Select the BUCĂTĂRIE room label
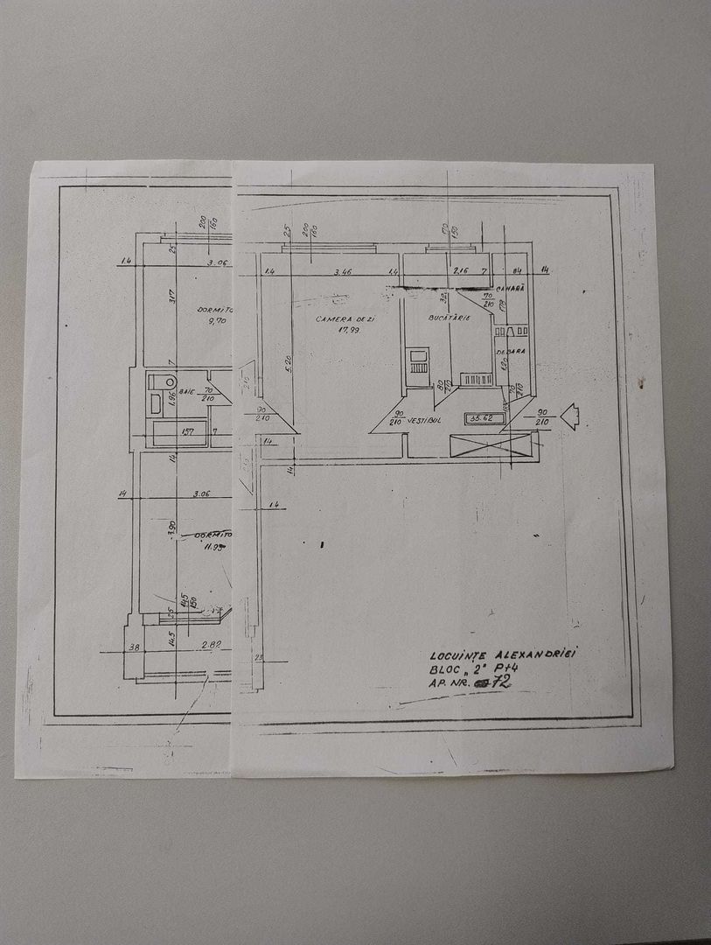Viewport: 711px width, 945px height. (x=450, y=317)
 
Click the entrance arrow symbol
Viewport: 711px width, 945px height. (x=569, y=416)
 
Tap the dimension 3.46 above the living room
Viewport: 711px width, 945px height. (x=342, y=273)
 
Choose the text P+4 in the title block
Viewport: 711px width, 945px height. (x=516, y=668)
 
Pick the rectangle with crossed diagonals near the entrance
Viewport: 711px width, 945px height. (x=491, y=444)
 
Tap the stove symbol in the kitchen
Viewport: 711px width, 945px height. (x=419, y=360)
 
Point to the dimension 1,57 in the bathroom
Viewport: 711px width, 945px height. (x=186, y=430)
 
